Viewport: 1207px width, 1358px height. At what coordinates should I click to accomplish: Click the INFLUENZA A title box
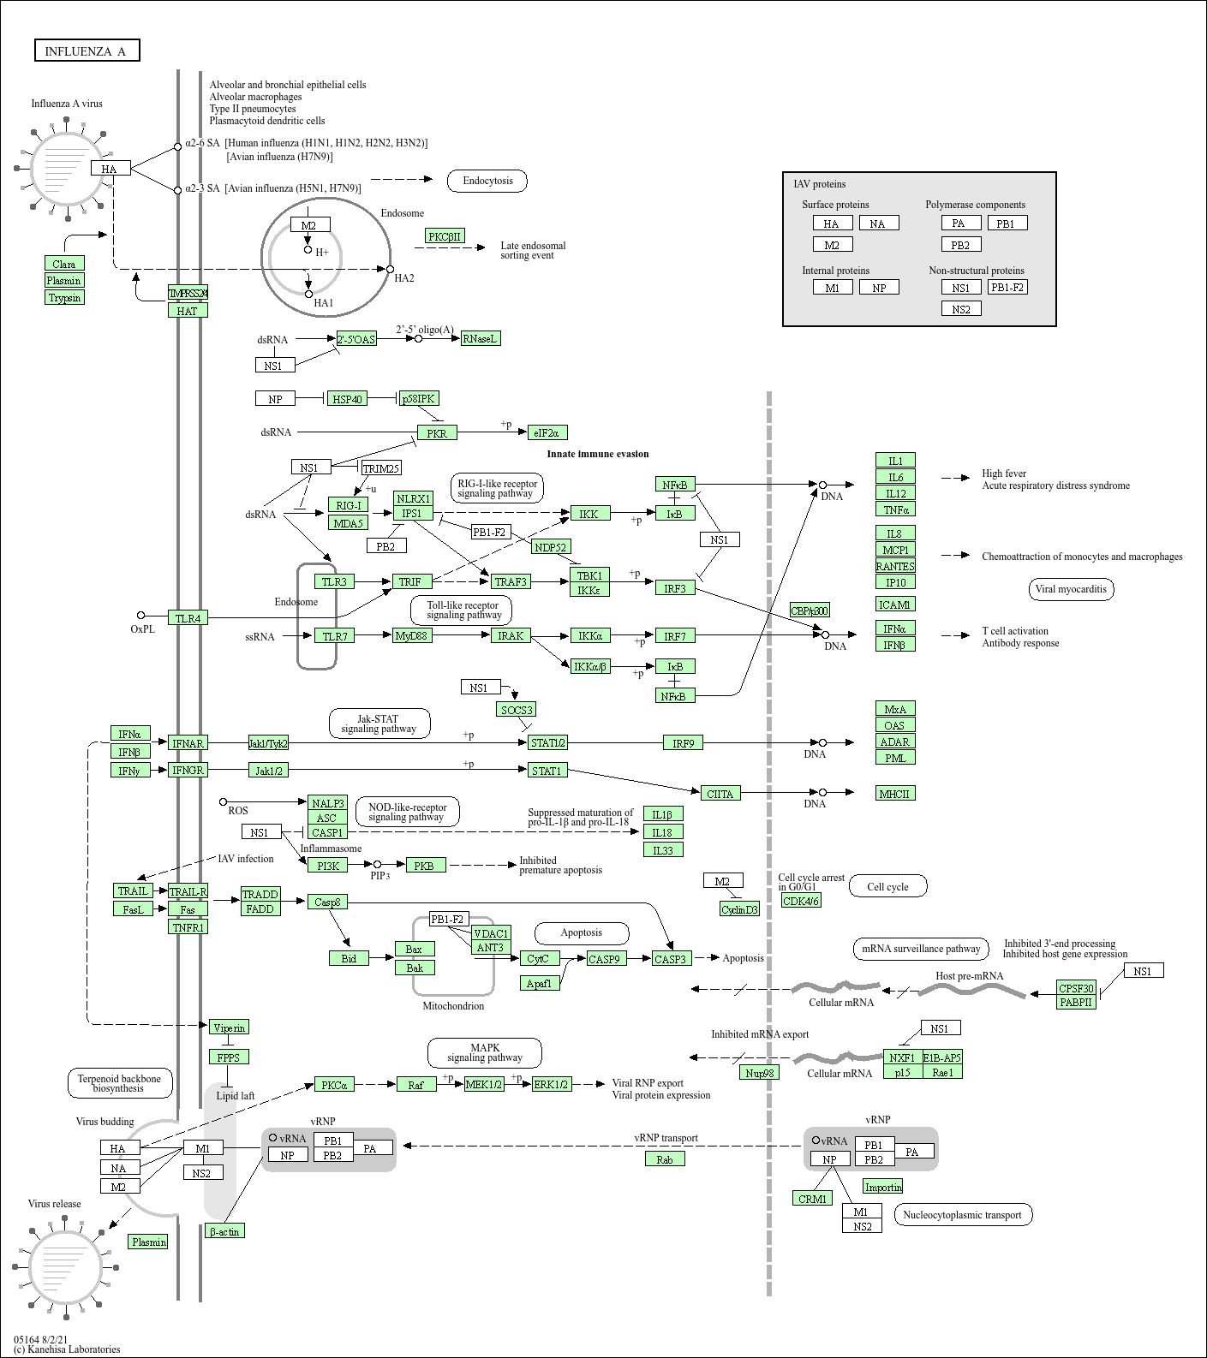(86, 51)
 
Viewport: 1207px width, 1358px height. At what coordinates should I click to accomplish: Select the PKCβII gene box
(445, 236)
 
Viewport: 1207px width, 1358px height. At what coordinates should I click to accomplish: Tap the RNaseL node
(480, 339)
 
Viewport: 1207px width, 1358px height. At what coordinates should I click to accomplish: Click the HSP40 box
(347, 399)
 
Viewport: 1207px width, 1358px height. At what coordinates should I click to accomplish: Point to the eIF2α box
(548, 433)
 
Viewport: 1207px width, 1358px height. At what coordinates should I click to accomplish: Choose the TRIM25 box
(381, 468)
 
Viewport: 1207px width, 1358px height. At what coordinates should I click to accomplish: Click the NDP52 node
(551, 547)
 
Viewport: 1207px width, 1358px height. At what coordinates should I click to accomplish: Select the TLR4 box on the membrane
(188, 618)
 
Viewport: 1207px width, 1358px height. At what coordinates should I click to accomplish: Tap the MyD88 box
(412, 635)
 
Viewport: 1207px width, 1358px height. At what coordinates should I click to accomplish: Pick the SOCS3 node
(517, 710)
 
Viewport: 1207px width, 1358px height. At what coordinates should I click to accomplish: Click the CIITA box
(720, 794)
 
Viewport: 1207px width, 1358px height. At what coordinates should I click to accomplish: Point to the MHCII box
(894, 794)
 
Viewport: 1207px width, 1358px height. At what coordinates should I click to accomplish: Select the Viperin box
(229, 1027)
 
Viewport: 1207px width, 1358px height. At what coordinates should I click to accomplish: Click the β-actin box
(224, 1231)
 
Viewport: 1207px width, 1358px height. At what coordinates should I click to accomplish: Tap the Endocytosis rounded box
(487, 181)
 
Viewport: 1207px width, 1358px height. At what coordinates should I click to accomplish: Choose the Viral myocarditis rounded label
(1071, 589)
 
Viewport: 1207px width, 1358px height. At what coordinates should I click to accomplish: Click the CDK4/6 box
(801, 901)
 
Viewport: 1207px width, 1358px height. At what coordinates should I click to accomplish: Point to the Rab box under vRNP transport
(665, 1159)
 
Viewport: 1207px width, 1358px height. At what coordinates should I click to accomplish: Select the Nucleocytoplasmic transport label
(962, 1215)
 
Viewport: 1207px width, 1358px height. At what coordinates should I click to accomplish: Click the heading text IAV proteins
(819, 184)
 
